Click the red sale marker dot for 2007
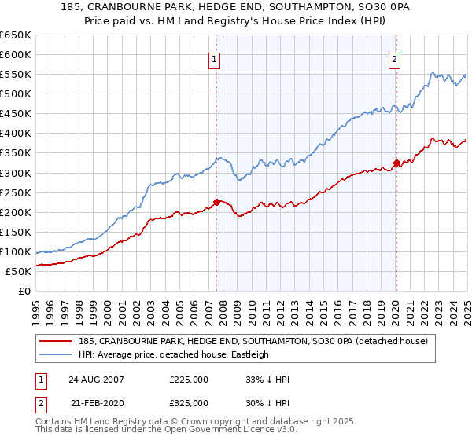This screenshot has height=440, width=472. point(217,202)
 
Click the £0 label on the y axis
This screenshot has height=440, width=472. point(24,291)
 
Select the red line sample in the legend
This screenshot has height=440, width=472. point(56,341)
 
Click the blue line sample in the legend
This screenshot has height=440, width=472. point(56,354)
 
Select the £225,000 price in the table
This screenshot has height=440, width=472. point(189,379)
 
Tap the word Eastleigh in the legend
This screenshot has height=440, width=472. point(248,354)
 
